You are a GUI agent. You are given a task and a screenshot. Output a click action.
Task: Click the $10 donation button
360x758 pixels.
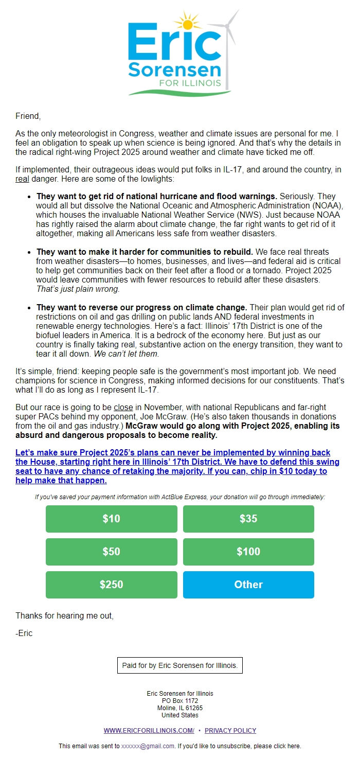pos(111,519)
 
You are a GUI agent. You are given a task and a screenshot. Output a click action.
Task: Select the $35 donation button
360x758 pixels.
pos(248,519)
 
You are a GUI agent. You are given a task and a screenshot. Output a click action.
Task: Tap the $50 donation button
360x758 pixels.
pos(111,552)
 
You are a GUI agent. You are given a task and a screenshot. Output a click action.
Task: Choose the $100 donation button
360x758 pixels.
pos(248,552)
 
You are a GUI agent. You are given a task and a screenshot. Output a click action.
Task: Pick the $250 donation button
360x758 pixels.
pos(111,585)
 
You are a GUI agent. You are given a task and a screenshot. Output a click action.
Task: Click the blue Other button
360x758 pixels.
pos(248,585)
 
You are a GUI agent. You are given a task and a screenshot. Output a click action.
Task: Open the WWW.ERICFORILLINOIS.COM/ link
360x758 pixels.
pos(149,731)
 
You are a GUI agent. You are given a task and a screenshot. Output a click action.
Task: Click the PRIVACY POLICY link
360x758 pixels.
pos(230,731)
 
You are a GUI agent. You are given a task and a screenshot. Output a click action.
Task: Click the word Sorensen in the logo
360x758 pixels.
pos(175,69)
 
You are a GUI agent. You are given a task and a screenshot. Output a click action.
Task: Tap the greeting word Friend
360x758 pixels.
pos(28,116)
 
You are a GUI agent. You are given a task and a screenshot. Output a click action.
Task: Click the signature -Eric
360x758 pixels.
pos(24,633)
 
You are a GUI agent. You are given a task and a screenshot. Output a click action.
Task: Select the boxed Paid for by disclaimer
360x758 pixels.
pos(179,665)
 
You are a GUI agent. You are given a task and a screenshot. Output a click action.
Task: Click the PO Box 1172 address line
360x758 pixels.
pos(179,701)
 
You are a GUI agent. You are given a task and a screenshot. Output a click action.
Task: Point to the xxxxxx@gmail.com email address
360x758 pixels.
pos(148,746)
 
